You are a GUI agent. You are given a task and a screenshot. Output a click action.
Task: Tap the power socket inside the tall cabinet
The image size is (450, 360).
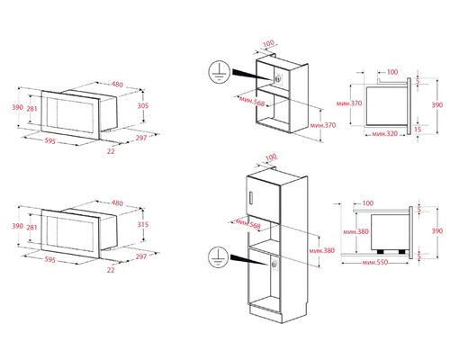pos(270,263)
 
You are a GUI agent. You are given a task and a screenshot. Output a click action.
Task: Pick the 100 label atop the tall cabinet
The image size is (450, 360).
pos(271,157)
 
